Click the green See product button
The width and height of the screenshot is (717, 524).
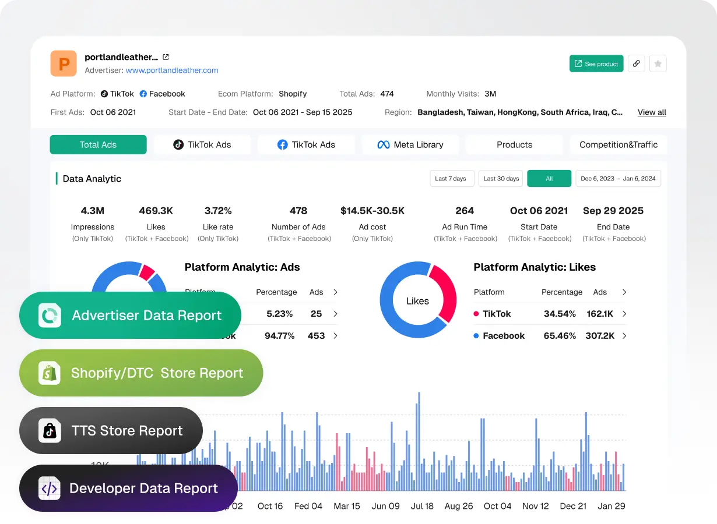[x=596, y=64]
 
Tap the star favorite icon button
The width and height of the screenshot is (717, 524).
[x=658, y=64]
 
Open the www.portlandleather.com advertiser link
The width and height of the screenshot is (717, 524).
[x=172, y=70]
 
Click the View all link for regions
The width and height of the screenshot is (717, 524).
[x=652, y=112]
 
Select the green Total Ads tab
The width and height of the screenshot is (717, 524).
[x=98, y=145]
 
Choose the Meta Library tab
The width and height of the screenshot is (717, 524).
[x=410, y=145]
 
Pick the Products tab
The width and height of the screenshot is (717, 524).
[x=514, y=145]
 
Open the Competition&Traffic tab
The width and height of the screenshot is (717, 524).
[x=618, y=145]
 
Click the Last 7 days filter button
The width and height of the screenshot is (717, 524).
[x=451, y=179]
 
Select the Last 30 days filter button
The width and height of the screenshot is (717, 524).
[x=501, y=179]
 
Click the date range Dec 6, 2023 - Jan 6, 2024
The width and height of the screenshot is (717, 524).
[x=618, y=179]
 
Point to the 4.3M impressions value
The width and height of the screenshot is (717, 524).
[x=93, y=211]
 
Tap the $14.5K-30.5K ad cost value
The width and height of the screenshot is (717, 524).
[x=372, y=211]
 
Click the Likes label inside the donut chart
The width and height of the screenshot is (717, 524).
[x=417, y=301]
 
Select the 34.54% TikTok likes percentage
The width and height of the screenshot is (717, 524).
[x=560, y=314]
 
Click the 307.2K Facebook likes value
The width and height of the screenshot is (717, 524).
[x=600, y=336]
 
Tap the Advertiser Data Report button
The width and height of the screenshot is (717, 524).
[x=130, y=316]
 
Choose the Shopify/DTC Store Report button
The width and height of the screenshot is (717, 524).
[x=141, y=373]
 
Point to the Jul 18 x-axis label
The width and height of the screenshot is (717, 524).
[x=422, y=506]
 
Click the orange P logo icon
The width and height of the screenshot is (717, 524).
[x=64, y=63]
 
